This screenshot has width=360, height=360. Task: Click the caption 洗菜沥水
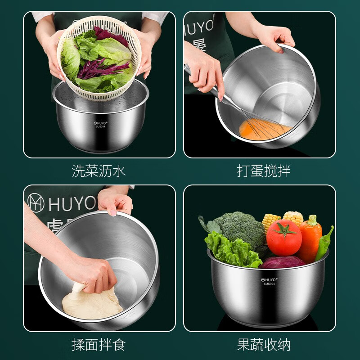tap(99, 171)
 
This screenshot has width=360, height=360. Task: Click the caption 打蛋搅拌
tap(264, 171)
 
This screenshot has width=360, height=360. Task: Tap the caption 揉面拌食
tap(99, 345)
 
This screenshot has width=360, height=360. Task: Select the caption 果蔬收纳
tap(264, 345)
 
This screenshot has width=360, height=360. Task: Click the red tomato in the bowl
tap(284, 238)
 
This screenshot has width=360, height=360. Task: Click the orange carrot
tap(311, 239)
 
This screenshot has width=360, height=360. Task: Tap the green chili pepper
tap(324, 243)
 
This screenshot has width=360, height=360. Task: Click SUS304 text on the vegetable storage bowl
tap(269, 284)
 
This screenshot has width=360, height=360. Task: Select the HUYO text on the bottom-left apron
tap(72, 204)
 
